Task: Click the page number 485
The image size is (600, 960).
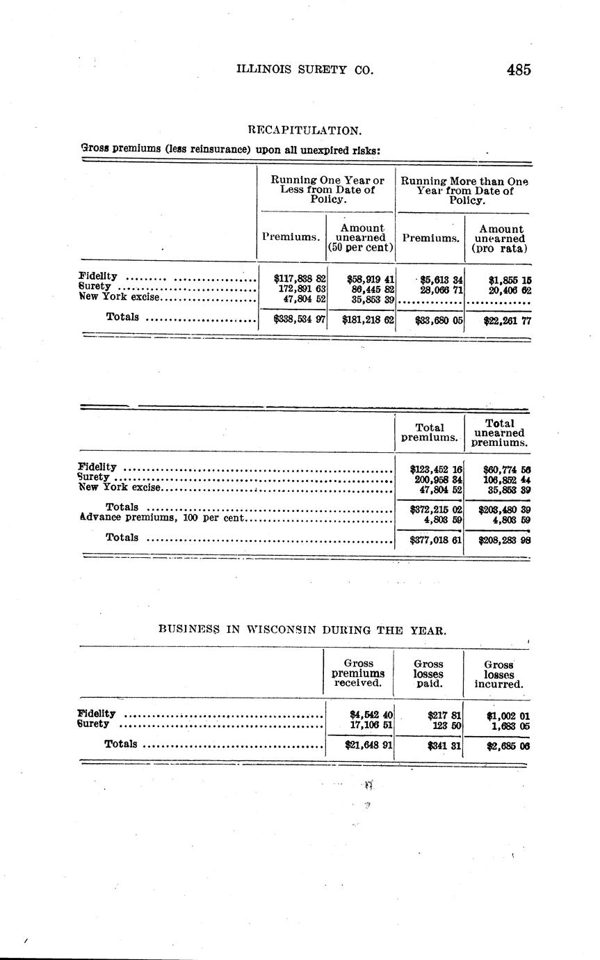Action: click(519, 70)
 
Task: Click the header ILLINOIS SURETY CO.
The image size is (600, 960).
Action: click(305, 70)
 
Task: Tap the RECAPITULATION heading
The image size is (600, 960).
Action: click(305, 130)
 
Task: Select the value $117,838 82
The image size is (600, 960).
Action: click(300, 277)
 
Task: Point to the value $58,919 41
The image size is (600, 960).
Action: click(371, 277)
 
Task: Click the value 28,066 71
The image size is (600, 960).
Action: click(437, 288)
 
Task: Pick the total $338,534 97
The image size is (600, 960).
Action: click(300, 320)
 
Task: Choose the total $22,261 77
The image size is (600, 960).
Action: click(508, 321)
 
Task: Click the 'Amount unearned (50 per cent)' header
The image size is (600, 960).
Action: click(361, 237)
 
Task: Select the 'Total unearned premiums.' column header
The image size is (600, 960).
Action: click(499, 433)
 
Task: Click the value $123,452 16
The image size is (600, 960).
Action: click(437, 470)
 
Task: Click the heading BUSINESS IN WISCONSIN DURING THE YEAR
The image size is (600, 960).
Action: click(302, 630)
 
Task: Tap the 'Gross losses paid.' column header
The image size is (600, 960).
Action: click(429, 673)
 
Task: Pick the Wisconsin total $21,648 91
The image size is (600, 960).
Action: click(369, 744)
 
